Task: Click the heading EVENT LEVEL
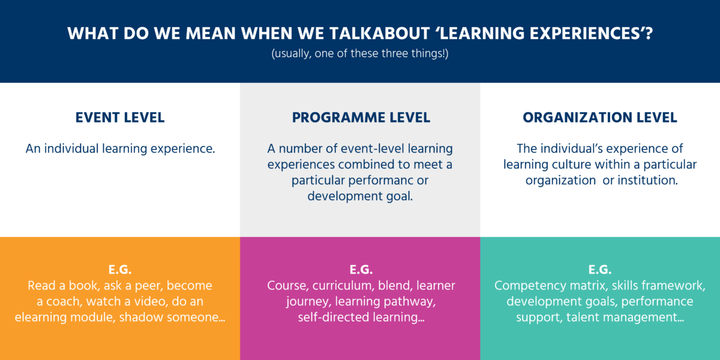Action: click(120, 118)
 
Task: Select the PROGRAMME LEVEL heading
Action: click(361, 118)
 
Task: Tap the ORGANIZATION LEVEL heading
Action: click(600, 118)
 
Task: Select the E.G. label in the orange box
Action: click(120, 268)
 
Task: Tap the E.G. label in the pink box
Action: click(361, 268)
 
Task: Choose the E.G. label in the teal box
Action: click(600, 268)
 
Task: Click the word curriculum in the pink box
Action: click(337, 286)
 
